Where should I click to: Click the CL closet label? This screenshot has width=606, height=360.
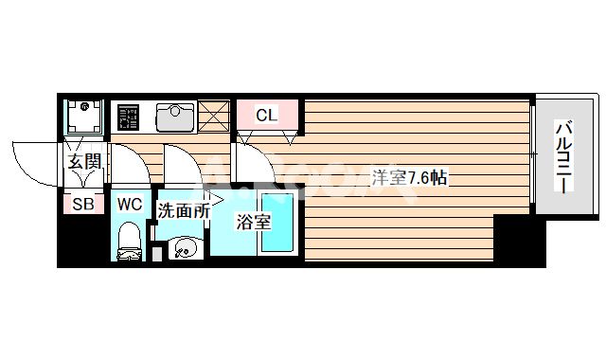[266, 116]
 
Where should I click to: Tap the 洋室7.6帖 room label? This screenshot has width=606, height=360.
[408, 176]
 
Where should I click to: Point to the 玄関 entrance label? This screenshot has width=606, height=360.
[83, 161]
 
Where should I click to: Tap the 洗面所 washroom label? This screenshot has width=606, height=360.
[182, 211]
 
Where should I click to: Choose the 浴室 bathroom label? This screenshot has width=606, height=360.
[254, 224]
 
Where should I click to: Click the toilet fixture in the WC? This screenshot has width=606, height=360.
[128, 242]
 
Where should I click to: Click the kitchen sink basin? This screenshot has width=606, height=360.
[172, 117]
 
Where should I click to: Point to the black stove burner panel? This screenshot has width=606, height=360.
[128, 117]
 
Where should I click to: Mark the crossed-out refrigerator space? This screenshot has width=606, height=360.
[214, 117]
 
